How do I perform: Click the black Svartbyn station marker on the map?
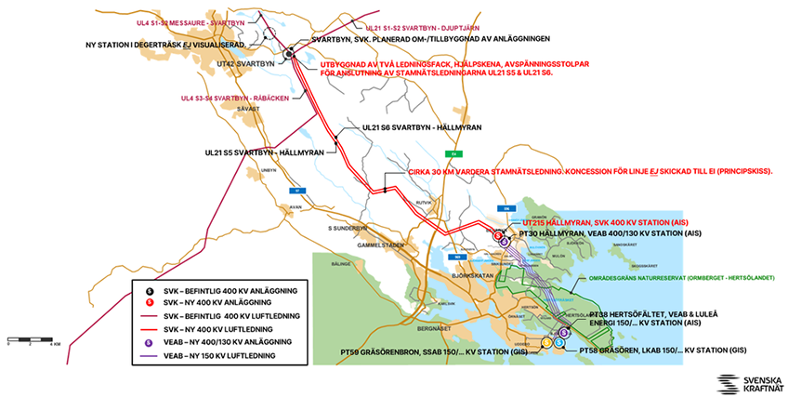[x=290, y=54]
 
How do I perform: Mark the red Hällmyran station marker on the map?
[x=498, y=236]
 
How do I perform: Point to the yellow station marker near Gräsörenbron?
[x=546, y=342]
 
